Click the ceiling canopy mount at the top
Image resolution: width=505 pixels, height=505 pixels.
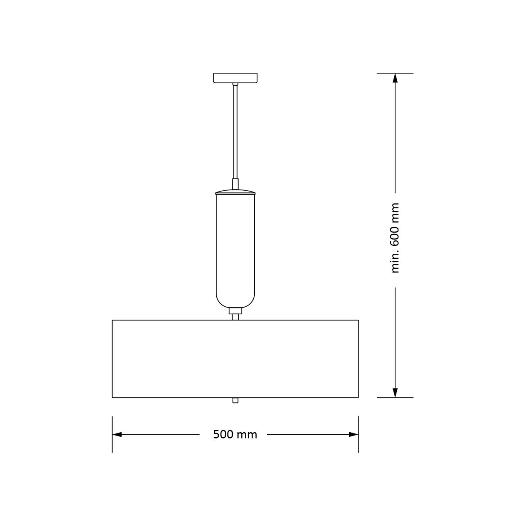[235, 78]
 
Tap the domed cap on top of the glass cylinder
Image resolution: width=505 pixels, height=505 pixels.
[235, 191]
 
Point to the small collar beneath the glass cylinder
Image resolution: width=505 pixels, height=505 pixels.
[235, 311]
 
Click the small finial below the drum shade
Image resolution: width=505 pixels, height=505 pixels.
[235, 400]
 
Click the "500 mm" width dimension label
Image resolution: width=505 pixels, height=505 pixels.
[235, 434]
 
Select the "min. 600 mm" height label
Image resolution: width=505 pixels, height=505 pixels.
[395, 238]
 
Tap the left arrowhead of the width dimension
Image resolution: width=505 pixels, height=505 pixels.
[117, 434]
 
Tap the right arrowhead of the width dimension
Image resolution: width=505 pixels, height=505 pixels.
[353, 434]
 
